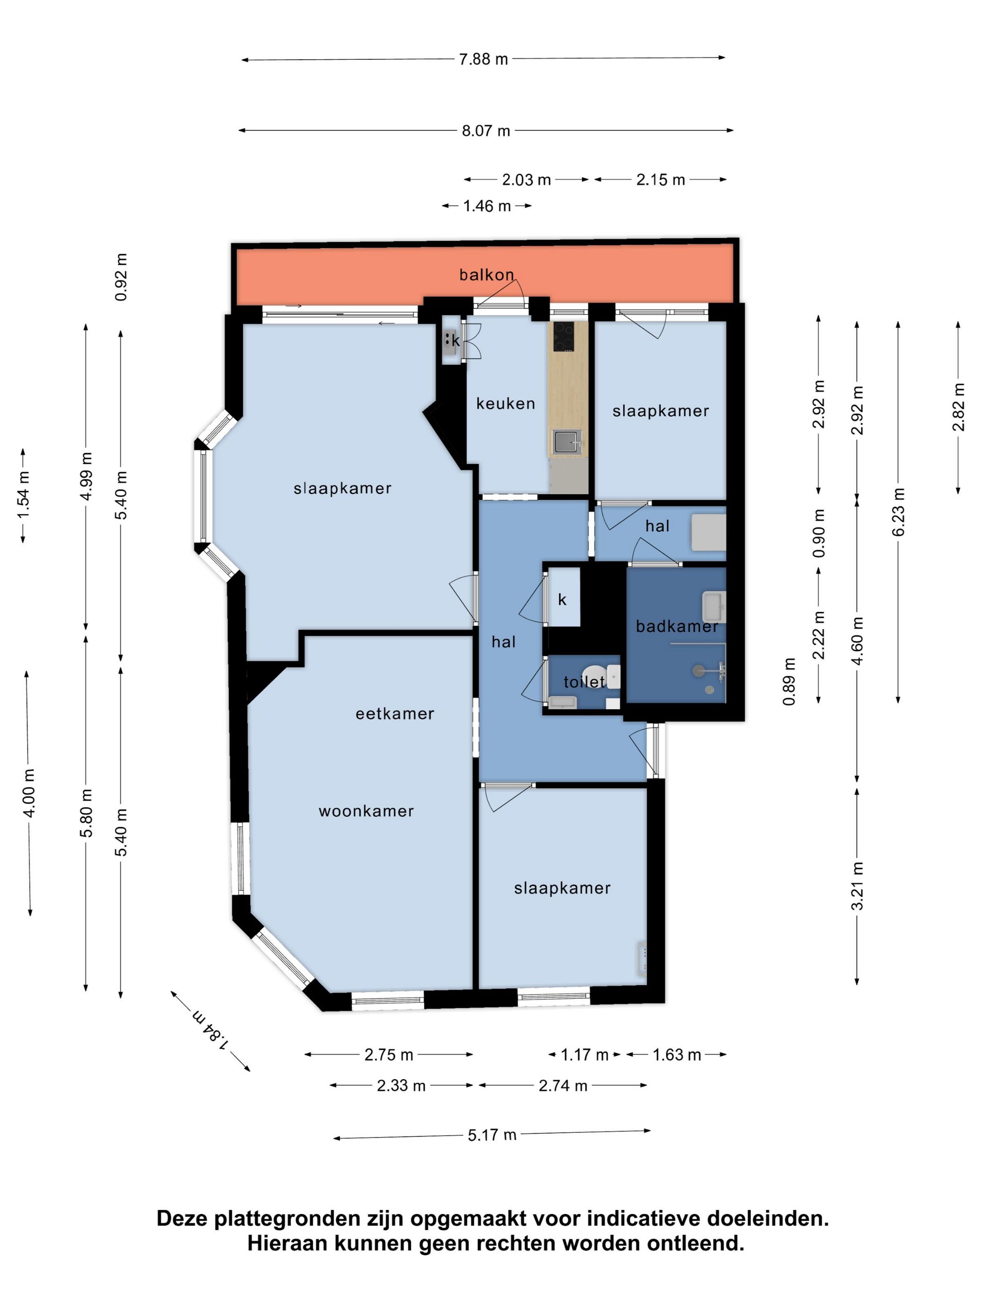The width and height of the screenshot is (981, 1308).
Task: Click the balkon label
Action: click(x=487, y=274)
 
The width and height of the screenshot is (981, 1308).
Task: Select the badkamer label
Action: click(x=677, y=626)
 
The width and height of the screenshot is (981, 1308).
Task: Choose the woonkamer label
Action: click(x=367, y=811)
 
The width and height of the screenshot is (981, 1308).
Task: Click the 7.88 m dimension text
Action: click(x=483, y=59)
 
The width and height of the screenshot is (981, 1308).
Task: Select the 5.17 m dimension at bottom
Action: click(x=492, y=1135)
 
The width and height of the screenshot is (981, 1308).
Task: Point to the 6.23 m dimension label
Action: click(x=898, y=512)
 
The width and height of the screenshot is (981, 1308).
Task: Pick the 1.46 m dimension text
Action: click(x=487, y=206)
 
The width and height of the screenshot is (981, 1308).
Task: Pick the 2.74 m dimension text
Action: click(x=563, y=1086)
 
